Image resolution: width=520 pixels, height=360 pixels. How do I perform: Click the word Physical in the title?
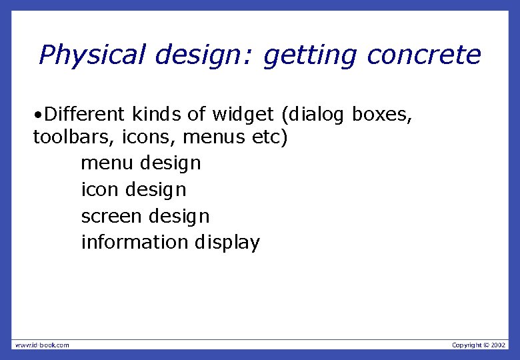pyautogui.click(x=91, y=55)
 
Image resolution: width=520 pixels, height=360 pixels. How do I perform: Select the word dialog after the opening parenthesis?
pyautogui.click(x=317, y=115)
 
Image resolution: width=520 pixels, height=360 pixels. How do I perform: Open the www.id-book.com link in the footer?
pyautogui.click(x=42, y=345)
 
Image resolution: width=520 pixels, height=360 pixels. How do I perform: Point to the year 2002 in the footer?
pyautogui.click(x=499, y=345)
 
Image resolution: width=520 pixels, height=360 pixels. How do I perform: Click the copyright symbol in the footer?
pyautogui.click(x=486, y=345)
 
